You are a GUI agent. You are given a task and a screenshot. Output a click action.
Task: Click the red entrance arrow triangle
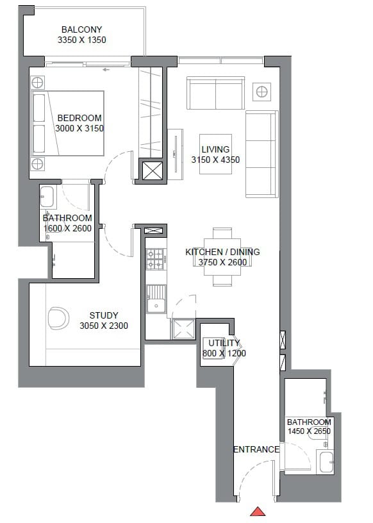[258, 511]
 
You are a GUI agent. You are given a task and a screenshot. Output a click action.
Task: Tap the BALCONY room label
[82, 29]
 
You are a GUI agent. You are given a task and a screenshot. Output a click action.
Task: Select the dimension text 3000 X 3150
[79, 128]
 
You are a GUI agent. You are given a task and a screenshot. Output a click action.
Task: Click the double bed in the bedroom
[67, 123]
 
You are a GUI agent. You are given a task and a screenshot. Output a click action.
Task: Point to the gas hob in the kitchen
[156, 259]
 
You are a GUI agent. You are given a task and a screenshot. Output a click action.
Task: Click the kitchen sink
[156, 299]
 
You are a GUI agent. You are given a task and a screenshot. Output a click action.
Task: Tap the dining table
[222, 257]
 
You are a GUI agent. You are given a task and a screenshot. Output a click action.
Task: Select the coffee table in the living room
[215, 154]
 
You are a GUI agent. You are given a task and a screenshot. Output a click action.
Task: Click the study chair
[58, 318]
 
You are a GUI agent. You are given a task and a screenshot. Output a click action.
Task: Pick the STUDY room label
[104, 315]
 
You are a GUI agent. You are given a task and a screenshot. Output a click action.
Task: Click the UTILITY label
[224, 343]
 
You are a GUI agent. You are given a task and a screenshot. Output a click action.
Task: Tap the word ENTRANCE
[256, 450]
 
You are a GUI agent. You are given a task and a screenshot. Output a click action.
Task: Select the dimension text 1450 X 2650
[309, 431]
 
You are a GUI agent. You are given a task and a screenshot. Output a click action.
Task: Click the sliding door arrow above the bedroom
[106, 70]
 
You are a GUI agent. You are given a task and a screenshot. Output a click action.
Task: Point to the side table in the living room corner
[261, 92]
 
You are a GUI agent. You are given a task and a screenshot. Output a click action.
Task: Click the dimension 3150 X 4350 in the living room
[215, 160]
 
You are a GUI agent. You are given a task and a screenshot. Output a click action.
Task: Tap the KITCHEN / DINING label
[222, 252]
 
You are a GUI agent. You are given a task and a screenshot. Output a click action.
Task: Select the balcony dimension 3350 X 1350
[82, 40]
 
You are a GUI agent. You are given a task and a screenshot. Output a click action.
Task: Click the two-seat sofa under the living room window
[215, 93]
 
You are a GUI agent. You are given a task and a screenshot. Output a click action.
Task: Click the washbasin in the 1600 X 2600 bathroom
[47, 197]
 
